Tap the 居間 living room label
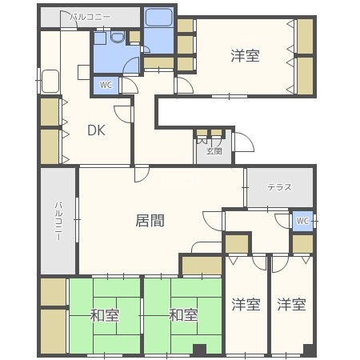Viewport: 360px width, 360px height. point(150,221)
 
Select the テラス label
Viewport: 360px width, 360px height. point(279,187)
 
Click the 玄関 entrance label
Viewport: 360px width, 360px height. point(214,150)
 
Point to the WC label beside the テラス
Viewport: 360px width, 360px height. point(302,221)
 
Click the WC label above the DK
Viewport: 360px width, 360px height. point(106,85)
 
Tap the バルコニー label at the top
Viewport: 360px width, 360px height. point(90,16)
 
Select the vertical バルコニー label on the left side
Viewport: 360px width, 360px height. point(58,220)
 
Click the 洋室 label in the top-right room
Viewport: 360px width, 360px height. point(246,55)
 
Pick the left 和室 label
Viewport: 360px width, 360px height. point(106,314)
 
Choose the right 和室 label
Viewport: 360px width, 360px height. point(182,314)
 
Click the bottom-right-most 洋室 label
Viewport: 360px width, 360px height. point(291,304)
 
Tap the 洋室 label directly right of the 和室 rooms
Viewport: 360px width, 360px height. point(246,304)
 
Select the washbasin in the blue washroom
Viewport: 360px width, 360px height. point(118,38)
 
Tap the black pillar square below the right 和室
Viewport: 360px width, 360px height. point(198,349)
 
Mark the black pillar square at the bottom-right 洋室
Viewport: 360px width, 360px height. point(307,349)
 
